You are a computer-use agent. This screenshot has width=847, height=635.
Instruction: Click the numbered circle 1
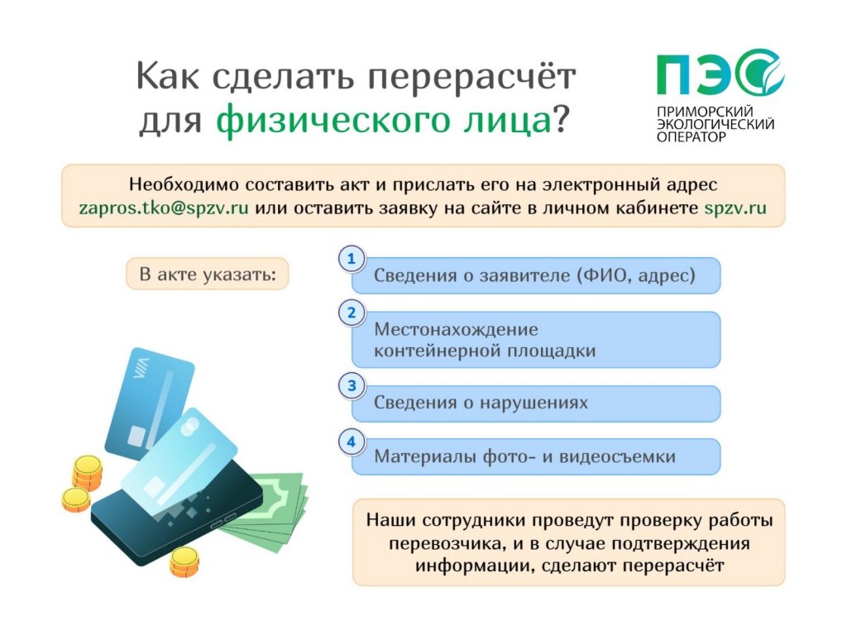[x=352, y=259]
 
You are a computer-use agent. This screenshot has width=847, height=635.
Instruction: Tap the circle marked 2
[x=352, y=313]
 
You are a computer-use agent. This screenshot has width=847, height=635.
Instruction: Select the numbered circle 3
[x=352, y=385]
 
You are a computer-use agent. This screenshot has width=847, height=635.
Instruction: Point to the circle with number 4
[x=352, y=442]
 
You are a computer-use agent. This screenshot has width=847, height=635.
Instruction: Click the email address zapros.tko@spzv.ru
[x=164, y=208]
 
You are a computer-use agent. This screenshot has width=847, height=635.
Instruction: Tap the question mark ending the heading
[x=562, y=117]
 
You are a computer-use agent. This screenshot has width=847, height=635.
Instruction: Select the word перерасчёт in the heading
[x=472, y=77]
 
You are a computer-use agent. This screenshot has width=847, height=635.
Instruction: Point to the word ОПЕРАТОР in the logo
[x=691, y=137]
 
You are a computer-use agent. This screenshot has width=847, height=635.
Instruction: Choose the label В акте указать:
[x=208, y=275]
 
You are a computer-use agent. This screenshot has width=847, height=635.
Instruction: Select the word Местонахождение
[x=456, y=329]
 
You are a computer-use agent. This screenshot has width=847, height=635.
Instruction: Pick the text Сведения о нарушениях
[x=481, y=403]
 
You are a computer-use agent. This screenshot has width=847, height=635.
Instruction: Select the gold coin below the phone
[x=184, y=561]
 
